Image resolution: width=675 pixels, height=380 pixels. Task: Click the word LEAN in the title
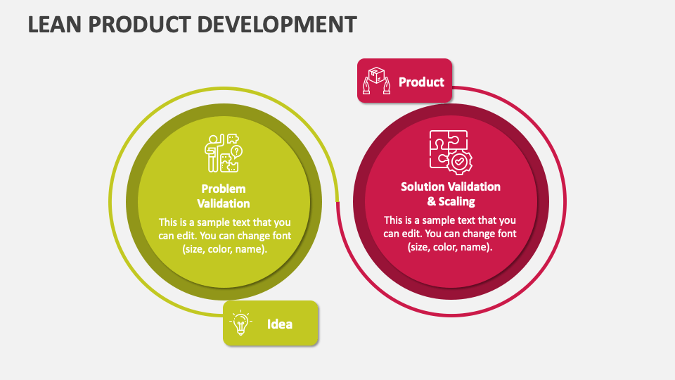click(x=55, y=25)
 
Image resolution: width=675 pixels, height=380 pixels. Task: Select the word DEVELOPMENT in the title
click(x=277, y=25)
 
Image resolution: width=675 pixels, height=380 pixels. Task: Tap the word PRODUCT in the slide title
click(x=139, y=25)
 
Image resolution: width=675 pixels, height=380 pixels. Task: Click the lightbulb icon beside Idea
click(x=240, y=323)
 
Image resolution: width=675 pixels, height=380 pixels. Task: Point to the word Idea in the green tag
click(x=280, y=324)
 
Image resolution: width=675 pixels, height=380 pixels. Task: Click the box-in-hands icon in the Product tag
click(x=376, y=80)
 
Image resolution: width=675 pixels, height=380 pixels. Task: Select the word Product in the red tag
click(x=421, y=82)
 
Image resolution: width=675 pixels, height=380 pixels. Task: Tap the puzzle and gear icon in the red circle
click(x=451, y=152)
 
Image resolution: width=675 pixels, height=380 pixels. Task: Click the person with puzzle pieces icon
click(x=224, y=153)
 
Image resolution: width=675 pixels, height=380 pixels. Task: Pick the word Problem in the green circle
click(x=224, y=189)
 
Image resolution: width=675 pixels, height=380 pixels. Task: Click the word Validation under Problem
click(x=224, y=203)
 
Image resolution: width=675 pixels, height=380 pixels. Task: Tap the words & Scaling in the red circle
click(x=451, y=201)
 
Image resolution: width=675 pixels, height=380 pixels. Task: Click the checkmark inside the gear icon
click(x=459, y=162)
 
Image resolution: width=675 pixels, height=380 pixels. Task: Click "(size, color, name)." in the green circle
click(x=225, y=249)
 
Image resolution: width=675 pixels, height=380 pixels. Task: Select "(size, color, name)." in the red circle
click(x=450, y=247)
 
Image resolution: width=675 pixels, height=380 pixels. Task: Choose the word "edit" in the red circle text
click(x=410, y=234)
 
